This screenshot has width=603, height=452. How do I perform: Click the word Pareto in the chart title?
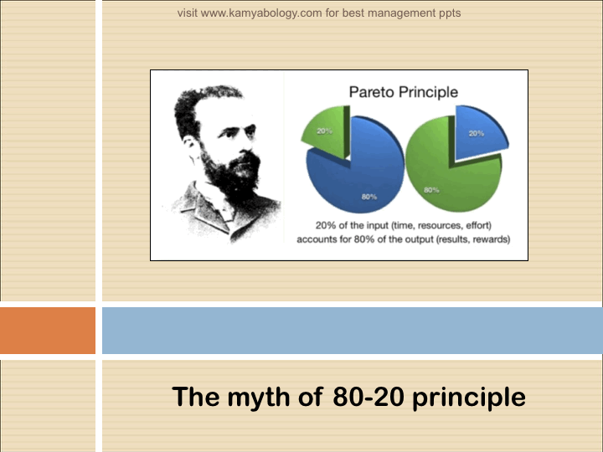tap(372, 92)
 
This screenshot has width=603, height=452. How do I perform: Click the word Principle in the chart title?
tap(428, 93)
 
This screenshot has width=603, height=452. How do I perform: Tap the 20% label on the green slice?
tap(324, 131)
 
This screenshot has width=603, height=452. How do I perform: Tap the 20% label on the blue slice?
tap(476, 133)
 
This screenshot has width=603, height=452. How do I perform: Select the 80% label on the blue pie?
tap(368, 197)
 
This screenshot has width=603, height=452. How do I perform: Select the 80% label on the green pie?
tap(431, 190)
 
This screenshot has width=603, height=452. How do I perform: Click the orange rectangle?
tap(48, 331)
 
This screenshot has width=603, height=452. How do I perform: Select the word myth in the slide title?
tap(258, 398)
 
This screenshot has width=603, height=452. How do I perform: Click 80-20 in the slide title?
tap(368, 397)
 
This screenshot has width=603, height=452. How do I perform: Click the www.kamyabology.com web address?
tap(261, 13)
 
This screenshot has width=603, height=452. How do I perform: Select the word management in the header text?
tap(401, 13)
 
